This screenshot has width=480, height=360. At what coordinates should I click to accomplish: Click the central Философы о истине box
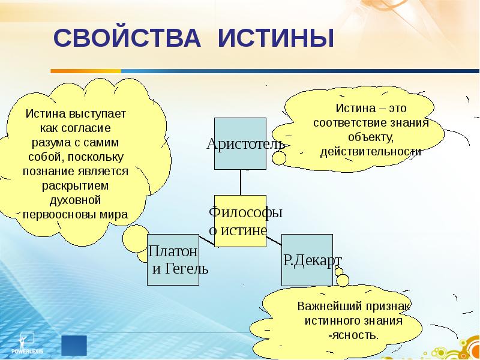coord(240,221)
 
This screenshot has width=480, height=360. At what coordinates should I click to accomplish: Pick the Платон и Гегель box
coord(173,259)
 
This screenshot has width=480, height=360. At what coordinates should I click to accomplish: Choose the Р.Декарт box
coord(307,259)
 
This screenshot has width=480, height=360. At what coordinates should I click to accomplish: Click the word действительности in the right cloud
coord(371,151)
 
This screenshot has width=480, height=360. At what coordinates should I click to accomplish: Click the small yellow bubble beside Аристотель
coord(279,158)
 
